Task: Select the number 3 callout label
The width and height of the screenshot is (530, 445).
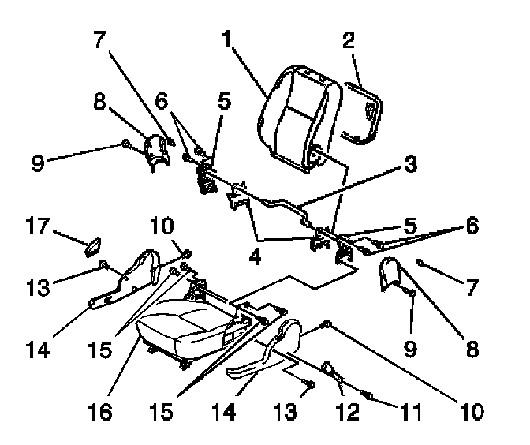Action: (409, 165)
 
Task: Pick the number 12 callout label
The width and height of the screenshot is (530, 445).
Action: (347, 410)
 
